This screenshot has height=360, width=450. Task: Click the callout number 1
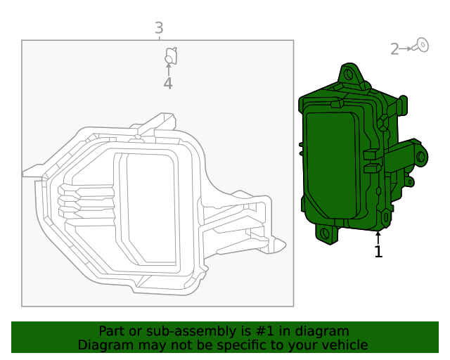pyautogui.click(x=378, y=252)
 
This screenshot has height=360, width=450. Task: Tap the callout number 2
pyautogui.click(x=394, y=49)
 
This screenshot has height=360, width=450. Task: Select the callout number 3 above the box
pyautogui.click(x=159, y=27)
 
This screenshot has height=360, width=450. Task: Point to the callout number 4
pyautogui.click(x=168, y=84)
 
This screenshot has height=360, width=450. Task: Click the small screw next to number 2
pyautogui.click(x=421, y=45)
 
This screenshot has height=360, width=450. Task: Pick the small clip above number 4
pyautogui.click(x=170, y=54)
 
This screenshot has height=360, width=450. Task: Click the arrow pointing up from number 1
pyautogui.click(x=378, y=237)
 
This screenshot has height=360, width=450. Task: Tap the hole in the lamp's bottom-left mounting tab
pyautogui.click(x=325, y=233)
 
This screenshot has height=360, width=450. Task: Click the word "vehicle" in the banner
pyautogui.click(x=342, y=345)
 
